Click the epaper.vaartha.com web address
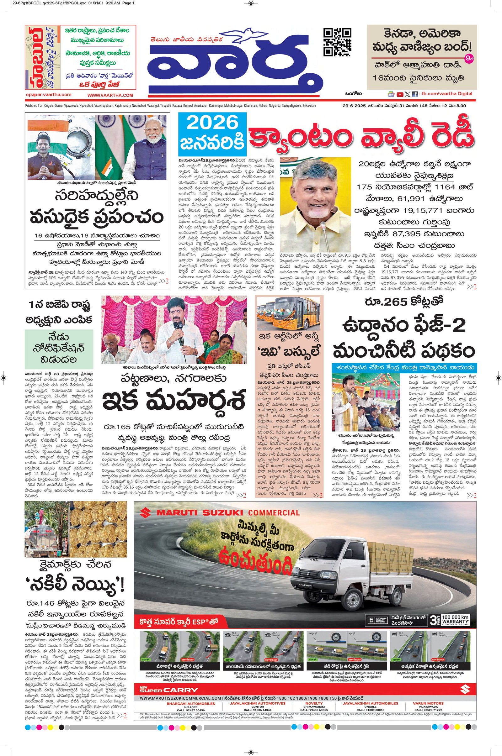(x=49, y=95)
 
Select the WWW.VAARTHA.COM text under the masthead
(x=110, y=95)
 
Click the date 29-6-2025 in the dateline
(x=351, y=106)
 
